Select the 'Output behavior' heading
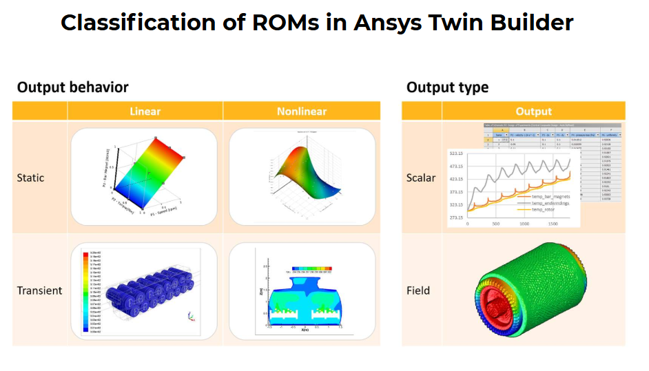point(73,87)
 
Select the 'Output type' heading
point(447,87)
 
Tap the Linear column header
point(145,112)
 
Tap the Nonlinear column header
point(302,112)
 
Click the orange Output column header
point(533,112)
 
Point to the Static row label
point(30,178)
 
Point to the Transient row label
point(39,290)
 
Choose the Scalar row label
point(420,178)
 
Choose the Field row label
point(418,290)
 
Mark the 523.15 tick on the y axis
point(457,153)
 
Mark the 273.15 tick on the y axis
point(457,217)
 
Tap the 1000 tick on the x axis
point(524,224)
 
